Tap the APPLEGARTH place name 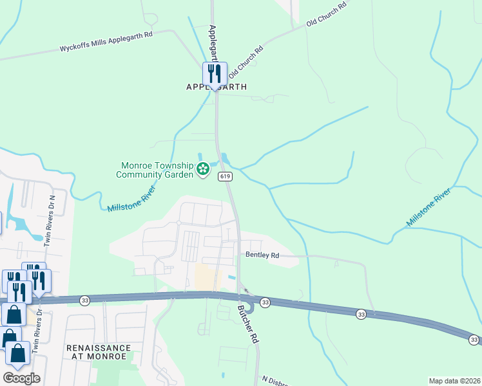click(x=216, y=87)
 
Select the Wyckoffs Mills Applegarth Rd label click(x=106, y=48)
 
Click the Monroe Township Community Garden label click(x=155, y=170)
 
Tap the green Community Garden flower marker click(x=203, y=170)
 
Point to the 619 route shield click(x=225, y=176)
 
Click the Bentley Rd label click(x=262, y=255)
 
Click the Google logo click(x=21, y=378)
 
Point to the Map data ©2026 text click(x=454, y=380)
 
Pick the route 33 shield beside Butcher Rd click(x=265, y=302)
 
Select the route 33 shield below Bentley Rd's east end click(x=361, y=313)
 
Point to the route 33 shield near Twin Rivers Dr click(x=84, y=300)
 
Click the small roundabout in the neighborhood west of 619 click(x=178, y=223)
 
